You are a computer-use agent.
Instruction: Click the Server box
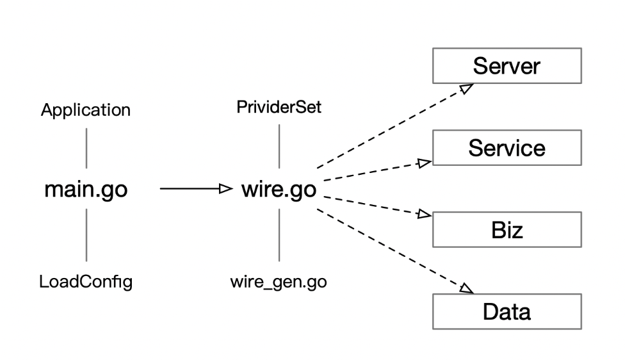pyautogui.click(x=506, y=66)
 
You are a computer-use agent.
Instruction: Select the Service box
pyautogui.click(x=506, y=148)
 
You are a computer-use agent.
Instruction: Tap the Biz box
pyautogui.click(x=506, y=230)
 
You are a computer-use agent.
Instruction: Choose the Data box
pyautogui.click(x=506, y=312)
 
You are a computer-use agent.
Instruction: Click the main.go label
pyautogui.click(x=86, y=190)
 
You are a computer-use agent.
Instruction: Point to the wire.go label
pyautogui.click(x=279, y=190)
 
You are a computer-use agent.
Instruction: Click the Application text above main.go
pyautogui.click(x=86, y=110)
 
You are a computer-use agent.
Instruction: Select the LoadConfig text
pyautogui.click(x=86, y=281)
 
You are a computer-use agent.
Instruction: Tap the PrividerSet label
pyautogui.click(x=279, y=107)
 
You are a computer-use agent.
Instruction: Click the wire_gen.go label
pyautogui.click(x=279, y=281)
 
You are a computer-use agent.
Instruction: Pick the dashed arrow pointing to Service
pyautogui.click(x=375, y=171)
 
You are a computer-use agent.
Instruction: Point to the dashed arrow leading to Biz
pyautogui.click(x=375, y=205)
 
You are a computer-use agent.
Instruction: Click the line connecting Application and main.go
pyautogui.click(x=86, y=148)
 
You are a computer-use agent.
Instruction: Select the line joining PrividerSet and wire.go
pyautogui.click(x=279, y=146)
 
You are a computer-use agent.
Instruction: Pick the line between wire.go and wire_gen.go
pyautogui.click(x=279, y=235)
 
